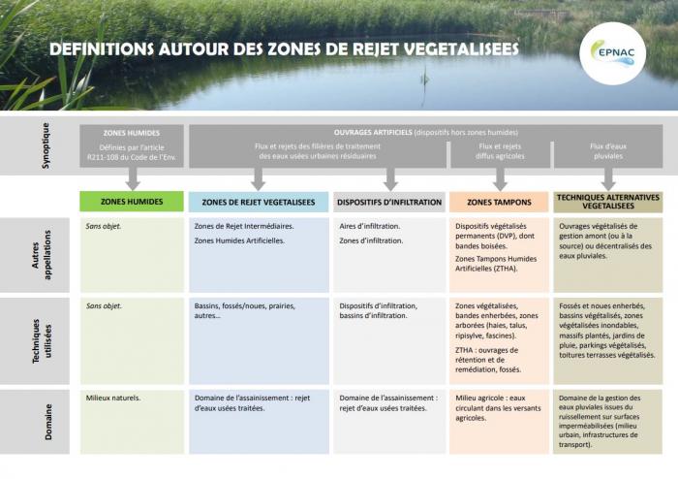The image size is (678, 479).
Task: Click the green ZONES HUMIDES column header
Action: [x=132, y=202]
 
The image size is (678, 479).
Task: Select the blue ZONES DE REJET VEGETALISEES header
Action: [x=259, y=202]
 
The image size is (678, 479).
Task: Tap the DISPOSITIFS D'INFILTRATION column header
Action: [x=390, y=202]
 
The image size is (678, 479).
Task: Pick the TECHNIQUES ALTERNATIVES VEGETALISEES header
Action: [x=608, y=202]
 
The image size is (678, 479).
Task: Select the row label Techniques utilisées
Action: [x=40, y=339]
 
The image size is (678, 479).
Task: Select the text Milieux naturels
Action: [x=113, y=398]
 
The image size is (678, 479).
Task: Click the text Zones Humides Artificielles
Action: [x=239, y=240]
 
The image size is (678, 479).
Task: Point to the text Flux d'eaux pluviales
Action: [x=608, y=150]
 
